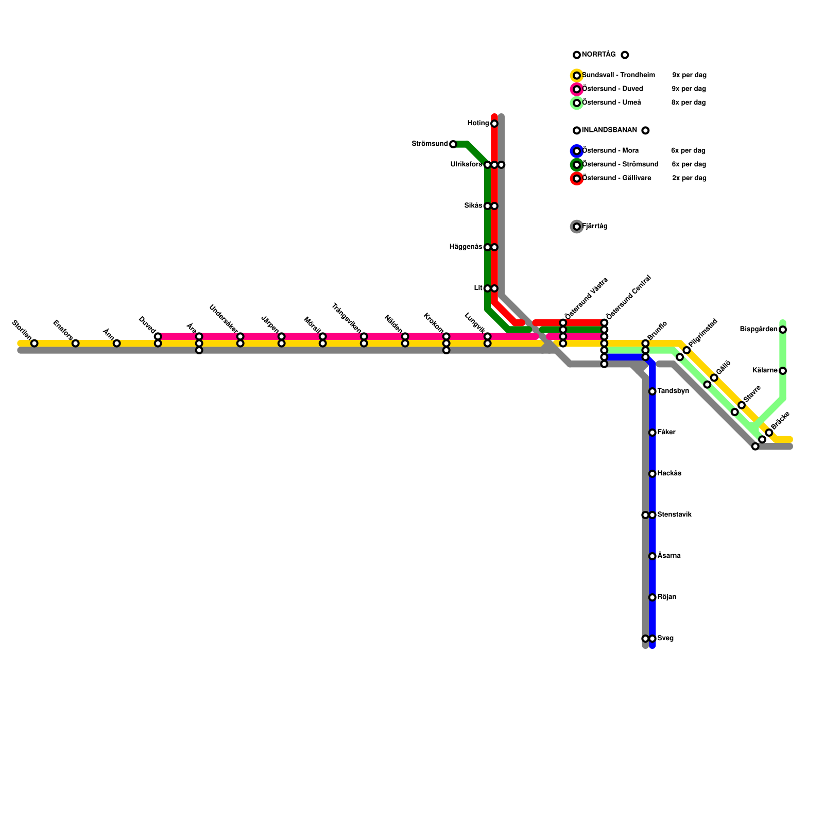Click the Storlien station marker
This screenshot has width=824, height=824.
point(34,344)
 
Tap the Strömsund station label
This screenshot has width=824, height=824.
point(430,144)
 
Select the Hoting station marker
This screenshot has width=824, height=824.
point(494,124)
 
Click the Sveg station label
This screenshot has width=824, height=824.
point(665,639)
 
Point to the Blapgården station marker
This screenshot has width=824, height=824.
point(783,330)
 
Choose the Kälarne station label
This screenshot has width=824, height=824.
point(765,371)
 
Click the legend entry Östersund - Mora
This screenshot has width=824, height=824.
point(610,151)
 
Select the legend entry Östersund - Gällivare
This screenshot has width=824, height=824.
point(616,178)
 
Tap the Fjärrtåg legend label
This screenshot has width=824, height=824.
point(595,227)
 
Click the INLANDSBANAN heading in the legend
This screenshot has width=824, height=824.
point(609,130)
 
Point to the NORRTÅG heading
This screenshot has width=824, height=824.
point(598,55)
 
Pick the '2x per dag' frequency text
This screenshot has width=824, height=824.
point(689,178)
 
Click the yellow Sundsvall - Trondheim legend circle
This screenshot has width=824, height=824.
point(577,76)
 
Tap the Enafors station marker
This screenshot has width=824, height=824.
point(75,344)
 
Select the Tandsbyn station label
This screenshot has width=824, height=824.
point(673,391)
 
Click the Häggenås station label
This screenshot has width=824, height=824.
point(466,247)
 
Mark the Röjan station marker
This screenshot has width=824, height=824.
point(652,597)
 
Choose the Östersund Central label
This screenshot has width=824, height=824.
point(629,297)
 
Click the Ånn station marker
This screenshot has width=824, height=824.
point(116,344)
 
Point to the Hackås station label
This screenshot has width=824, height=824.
point(669,474)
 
